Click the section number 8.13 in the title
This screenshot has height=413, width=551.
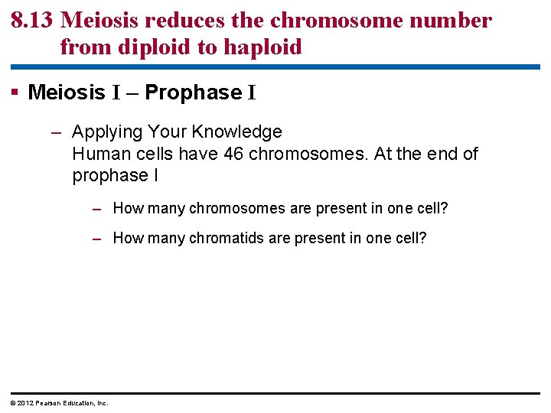point(31,21)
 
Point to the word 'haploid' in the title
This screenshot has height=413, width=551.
point(262,47)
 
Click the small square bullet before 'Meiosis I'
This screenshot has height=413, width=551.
point(17,93)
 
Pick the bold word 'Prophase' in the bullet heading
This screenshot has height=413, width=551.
point(193,93)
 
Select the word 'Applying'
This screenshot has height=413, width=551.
point(106,132)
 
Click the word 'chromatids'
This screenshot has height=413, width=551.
point(229,238)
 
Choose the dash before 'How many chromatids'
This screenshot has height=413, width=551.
point(96,238)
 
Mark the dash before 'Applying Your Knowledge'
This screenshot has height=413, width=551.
point(56,132)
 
